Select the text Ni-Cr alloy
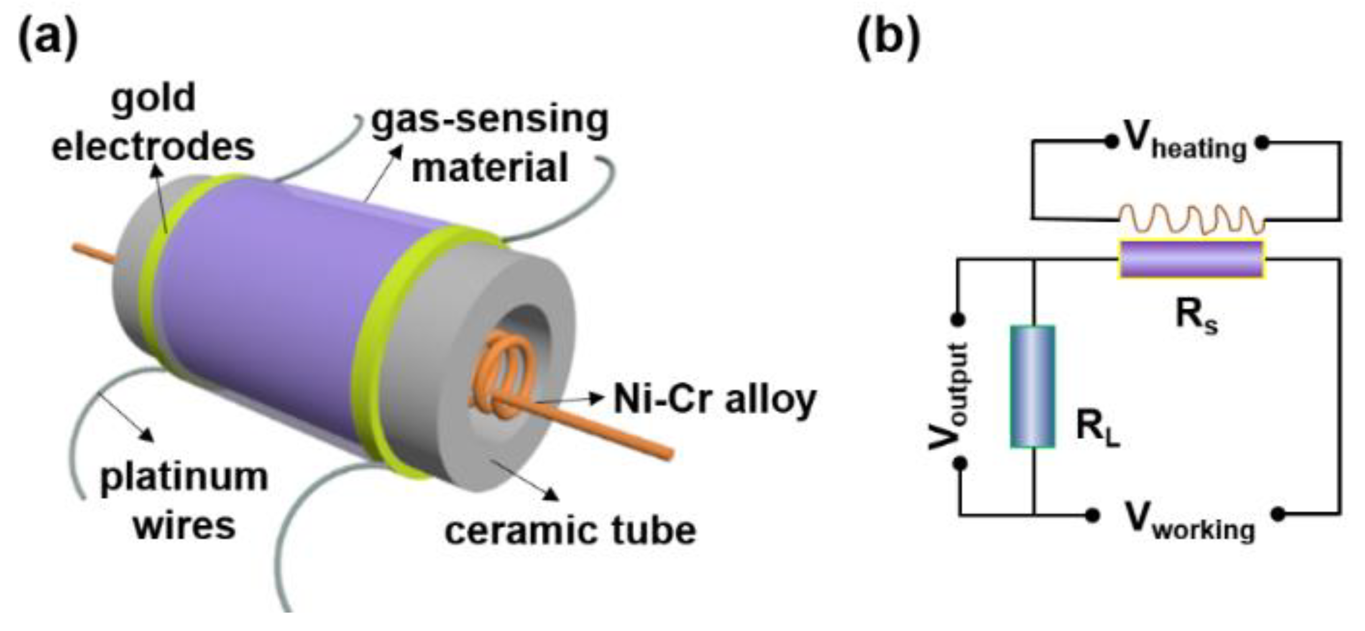tap(715, 399)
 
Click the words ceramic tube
tap(570, 531)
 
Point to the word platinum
tap(184, 478)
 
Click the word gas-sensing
tap(490, 120)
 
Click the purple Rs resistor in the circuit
tap(1191, 259)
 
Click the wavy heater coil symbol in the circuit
tap(1191, 220)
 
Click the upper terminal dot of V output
tap(959, 319)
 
